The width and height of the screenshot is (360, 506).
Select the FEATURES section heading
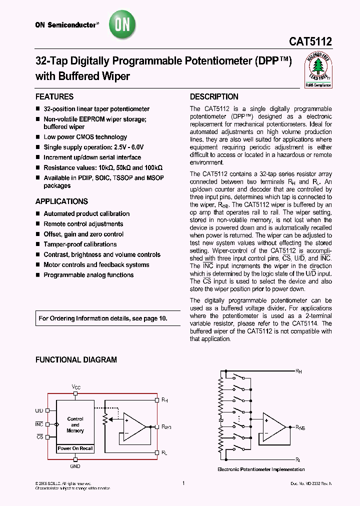coord(54,96)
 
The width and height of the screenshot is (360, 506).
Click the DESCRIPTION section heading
coord(214,96)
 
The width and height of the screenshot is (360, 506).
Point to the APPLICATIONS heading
coord(61,201)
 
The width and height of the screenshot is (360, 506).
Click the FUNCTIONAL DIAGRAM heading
coord(76,359)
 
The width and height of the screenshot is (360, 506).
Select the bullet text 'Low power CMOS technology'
coord(85,137)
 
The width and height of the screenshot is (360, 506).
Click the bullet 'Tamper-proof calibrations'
coord(80,244)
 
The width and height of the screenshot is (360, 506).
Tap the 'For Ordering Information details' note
coord(103,318)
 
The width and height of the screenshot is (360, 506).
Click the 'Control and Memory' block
coord(75,424)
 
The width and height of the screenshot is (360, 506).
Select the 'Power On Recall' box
coord(75,448)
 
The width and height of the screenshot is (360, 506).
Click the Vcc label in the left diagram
coord(75,387)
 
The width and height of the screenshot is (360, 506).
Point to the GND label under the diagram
coord(75,465)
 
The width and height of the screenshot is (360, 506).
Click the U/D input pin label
coord(39,410)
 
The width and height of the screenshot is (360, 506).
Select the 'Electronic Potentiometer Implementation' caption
coord(261,469)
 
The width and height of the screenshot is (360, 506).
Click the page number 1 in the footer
coord(184,483)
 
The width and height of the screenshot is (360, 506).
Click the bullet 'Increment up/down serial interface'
coord(92,157)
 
